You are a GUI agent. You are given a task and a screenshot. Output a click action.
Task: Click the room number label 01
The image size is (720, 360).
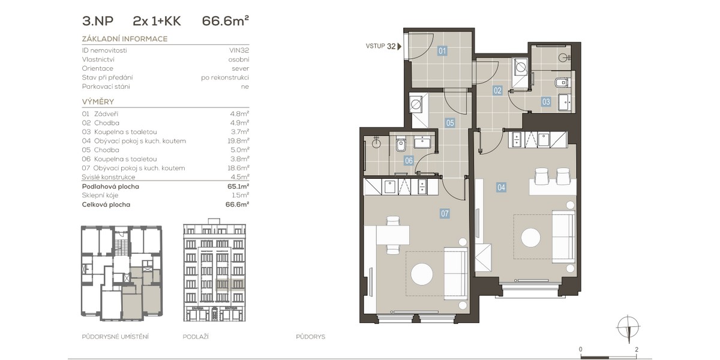pyautogui.click(x=442, y=51)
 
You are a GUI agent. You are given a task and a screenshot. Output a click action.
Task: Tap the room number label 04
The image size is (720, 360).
pyautogui.click(x=501, y=187)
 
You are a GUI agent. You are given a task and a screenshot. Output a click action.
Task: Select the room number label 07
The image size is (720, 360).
pyautogui.click(x=445, y=214)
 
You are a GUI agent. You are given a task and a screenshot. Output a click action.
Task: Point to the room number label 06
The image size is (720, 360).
pyautogui.click(x=409, y=160)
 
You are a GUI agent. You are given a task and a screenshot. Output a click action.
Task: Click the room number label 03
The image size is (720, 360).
pyautogui.click(x=546, y=102)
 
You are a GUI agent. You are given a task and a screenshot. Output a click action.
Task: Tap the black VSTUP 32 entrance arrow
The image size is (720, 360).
pyautogui.click(x=400, y=46)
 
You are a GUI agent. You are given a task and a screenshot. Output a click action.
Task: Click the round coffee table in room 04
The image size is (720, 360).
pyautogui.click(x=530, y=238)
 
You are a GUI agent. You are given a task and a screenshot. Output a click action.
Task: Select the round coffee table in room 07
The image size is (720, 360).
pyautogui.click(x=422, y=274)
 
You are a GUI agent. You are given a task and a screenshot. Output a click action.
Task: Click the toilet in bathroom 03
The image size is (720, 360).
pyautogui.click(x=562, y=83)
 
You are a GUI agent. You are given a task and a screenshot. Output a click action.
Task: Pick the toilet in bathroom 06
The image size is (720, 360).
pyautogui.click(x=401, y=145)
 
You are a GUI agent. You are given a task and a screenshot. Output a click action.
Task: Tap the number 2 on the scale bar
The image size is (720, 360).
pyautogui.click(x=637, y=349)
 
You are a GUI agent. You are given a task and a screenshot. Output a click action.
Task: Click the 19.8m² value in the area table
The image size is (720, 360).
pyautogui.click(x=238, y=141)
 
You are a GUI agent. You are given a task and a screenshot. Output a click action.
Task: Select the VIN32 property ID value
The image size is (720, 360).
pyautogui.click(x=239, y=50)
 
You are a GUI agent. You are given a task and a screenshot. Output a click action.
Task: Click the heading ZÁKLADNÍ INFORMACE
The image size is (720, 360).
pyautogui.click(x=125, y=39)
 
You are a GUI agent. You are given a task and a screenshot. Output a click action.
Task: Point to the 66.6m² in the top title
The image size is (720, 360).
pyautogui.click(x=226, y=21)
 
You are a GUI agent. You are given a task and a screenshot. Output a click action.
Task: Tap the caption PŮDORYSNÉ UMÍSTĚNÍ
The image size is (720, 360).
pyautogui.click(x=115, y=337)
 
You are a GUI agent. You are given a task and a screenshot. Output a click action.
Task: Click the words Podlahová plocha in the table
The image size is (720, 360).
pyautogui.click(x=110, y=187)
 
